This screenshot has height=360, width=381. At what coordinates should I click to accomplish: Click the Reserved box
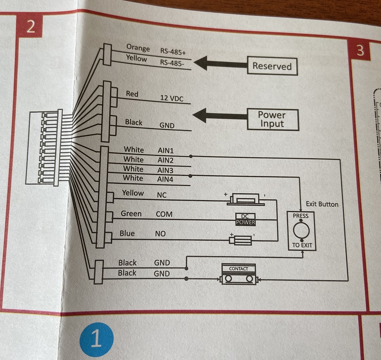(272, 66)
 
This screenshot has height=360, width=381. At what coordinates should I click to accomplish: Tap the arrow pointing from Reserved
(220, 63)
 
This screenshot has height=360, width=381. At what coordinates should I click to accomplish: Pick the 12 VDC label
(172, 98)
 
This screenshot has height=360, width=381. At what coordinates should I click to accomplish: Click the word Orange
(138, 48)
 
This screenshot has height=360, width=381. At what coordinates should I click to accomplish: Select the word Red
(132, 94)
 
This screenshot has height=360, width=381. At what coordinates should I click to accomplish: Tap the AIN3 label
(165, 170)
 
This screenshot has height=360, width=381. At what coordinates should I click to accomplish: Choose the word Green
(131, 214)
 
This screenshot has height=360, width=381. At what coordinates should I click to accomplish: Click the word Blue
(127, 233)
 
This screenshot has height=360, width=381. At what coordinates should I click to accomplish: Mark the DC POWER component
(245, 219)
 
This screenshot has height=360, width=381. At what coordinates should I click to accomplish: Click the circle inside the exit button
(301, 231)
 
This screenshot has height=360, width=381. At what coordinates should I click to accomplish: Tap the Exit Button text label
(322, 204)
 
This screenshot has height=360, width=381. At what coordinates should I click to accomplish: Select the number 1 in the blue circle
(96, 339)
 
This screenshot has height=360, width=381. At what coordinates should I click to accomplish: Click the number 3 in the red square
(360, 51)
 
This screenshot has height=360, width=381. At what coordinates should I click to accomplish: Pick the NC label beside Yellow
(161, 194)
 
